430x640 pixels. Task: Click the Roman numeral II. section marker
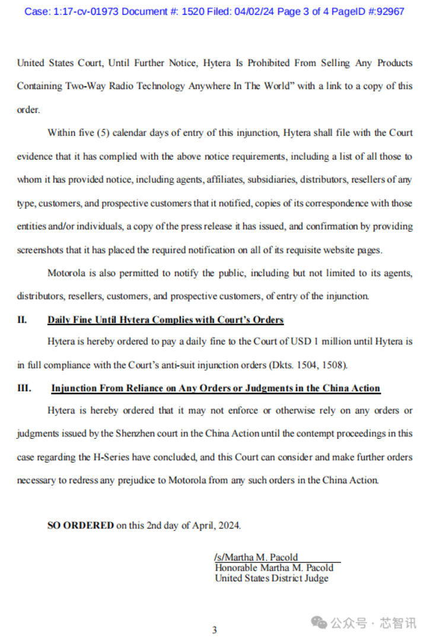22,320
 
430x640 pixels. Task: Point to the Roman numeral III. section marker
24,388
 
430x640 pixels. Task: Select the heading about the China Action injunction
215,388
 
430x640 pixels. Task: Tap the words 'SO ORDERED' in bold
81,525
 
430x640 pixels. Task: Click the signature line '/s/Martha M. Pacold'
256,557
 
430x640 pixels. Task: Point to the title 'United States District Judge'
271,578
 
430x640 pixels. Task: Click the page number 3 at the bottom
215,630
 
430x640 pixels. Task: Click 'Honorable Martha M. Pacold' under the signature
274,568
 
